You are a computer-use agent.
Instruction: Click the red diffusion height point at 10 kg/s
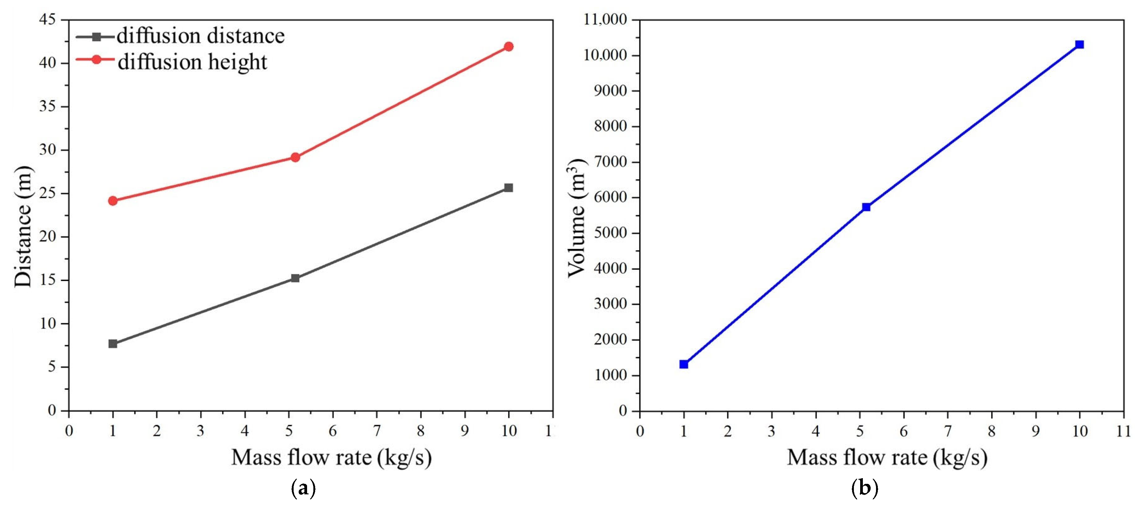point(508,47)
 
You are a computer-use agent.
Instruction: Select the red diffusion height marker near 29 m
point(295,157)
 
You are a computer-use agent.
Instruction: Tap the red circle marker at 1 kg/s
point(113,201)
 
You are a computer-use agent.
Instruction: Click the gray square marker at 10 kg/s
point(508,188)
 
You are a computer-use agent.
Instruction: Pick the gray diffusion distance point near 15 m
point(295,278)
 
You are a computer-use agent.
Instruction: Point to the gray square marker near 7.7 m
point(113,344)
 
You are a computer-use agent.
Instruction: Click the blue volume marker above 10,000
point(1080,44)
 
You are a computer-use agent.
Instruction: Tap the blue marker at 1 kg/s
point(684,364)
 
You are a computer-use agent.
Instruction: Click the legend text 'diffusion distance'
point(201,36)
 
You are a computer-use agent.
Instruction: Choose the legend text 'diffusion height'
point(192,62)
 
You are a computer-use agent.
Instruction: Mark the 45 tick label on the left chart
point(48,19)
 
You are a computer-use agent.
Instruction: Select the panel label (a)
point(303,488)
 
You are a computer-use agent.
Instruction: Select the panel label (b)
point(865,488)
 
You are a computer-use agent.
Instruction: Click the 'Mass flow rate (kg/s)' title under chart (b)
point(887,458)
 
